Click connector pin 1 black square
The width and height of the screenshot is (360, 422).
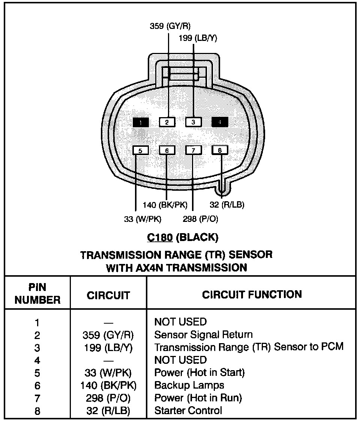point(140,122)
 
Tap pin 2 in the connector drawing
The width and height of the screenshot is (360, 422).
point(167,122)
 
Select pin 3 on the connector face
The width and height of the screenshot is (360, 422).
point(193,122)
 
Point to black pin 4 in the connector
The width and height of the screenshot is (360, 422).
point(220,122)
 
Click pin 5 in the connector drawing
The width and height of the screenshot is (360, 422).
point(140,151)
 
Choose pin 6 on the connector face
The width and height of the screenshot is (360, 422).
point(167,151)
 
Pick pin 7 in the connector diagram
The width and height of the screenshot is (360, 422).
point(193,151)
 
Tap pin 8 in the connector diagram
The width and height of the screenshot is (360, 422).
point(220,151)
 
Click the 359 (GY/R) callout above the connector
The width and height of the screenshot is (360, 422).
point(170,26)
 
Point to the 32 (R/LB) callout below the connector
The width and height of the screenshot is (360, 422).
point(227,205)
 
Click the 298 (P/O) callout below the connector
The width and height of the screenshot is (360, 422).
point(200,219)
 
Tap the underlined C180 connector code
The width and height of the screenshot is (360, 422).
point(159,237)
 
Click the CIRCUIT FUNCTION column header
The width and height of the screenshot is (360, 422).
point(252,295)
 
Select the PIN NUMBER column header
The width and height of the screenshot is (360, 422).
point(37,294)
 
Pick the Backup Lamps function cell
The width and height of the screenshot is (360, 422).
point(189,385)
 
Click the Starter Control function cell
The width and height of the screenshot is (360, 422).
point(188,411)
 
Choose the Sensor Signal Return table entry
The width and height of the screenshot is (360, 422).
point(203,335)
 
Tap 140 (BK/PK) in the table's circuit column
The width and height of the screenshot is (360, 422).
point(108,386)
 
